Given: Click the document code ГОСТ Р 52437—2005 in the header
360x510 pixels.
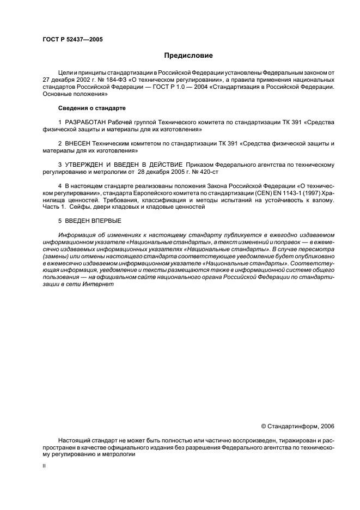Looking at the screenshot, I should (72, 40).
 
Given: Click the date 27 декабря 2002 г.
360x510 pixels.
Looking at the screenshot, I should (67, 80).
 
